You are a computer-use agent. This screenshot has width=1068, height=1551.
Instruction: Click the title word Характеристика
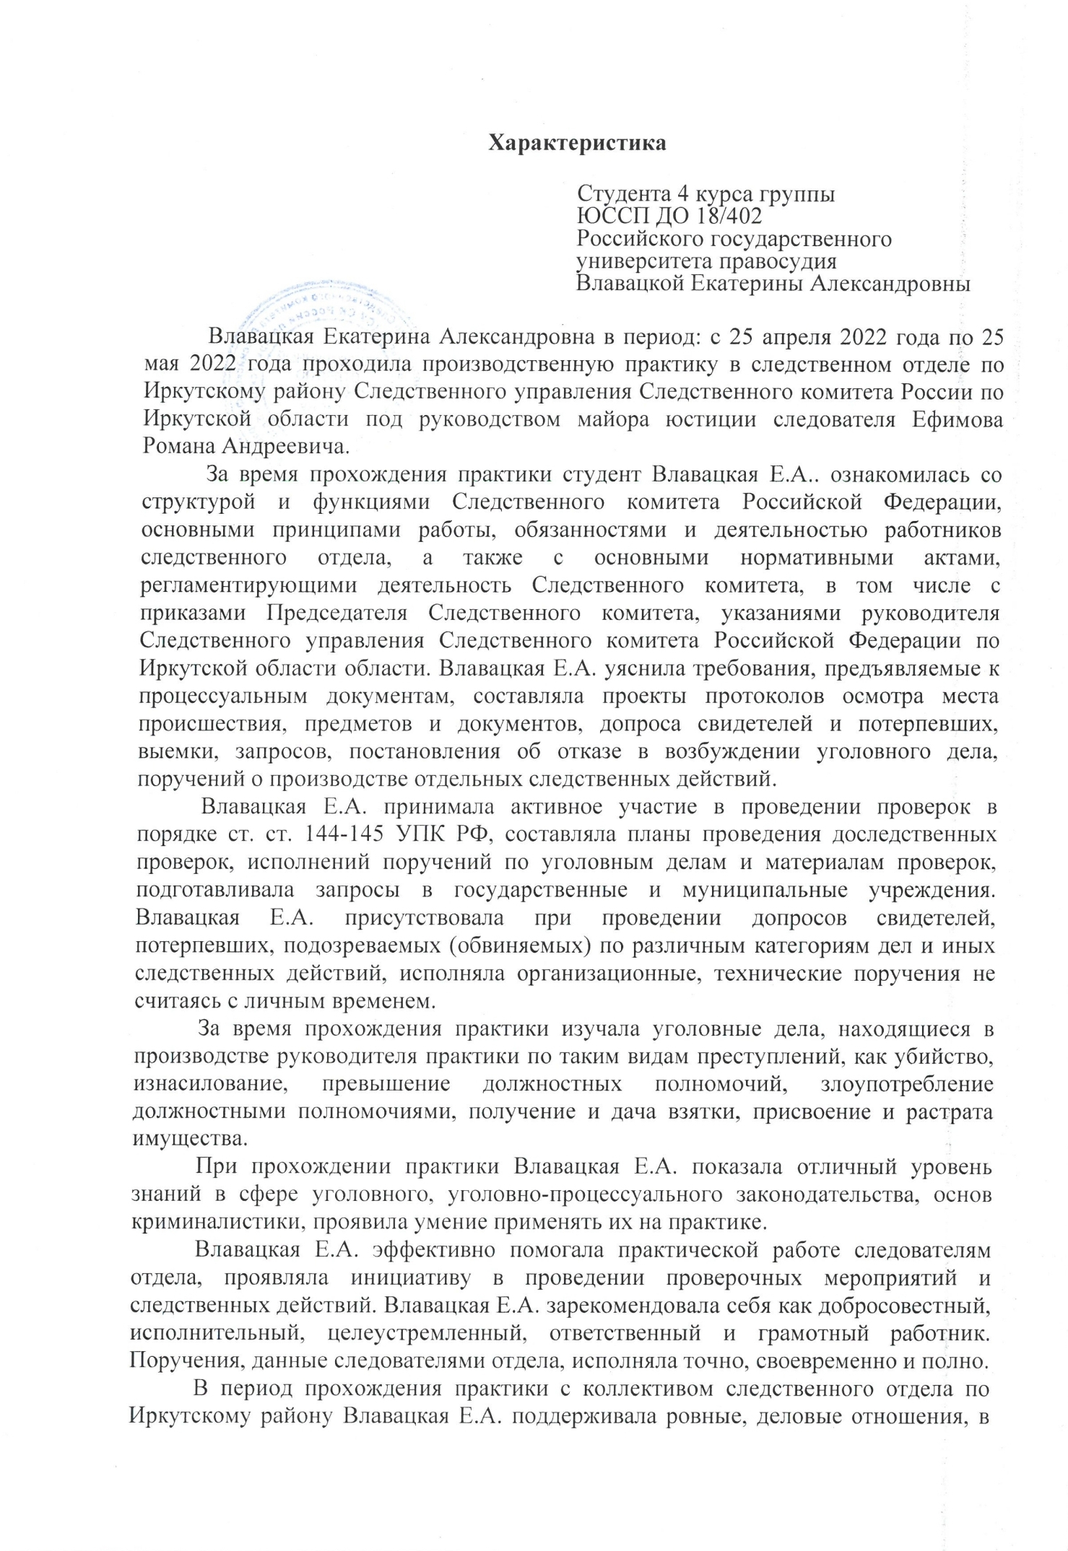[x=577, y=143]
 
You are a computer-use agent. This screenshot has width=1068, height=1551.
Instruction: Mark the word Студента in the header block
[x=620, y=193]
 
